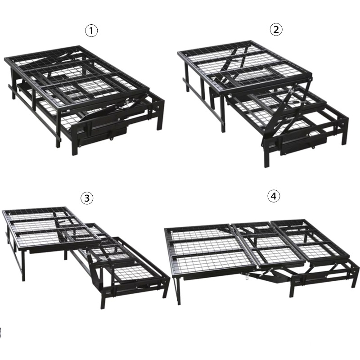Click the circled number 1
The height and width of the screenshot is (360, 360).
pyautogui.click(x=91, y=31)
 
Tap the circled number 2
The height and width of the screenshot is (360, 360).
pyautogui.click(x=275, y=30)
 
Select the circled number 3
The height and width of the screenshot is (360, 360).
pyautogui.click(x=86, y=198)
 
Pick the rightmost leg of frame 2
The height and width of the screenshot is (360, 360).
pyautogui.click(x=345, y=130)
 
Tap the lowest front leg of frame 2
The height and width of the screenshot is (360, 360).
pyautogui.click(x=267, y=155)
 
